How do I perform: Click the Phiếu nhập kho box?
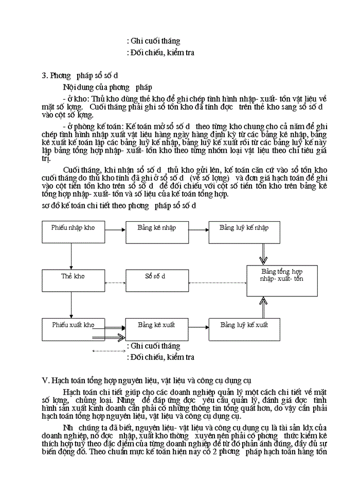[73, 232]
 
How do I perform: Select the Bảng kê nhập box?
[156, 232]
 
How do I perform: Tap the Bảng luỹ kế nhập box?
[244, 232]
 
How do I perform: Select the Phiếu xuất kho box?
[73, 330]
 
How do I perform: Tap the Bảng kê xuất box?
[156, 330]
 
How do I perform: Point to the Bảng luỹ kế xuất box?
[244, 330]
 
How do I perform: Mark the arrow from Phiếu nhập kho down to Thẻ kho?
[70, 256]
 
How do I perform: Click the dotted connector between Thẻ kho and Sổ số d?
[115, 283]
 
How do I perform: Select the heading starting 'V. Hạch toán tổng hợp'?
[146, 380]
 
